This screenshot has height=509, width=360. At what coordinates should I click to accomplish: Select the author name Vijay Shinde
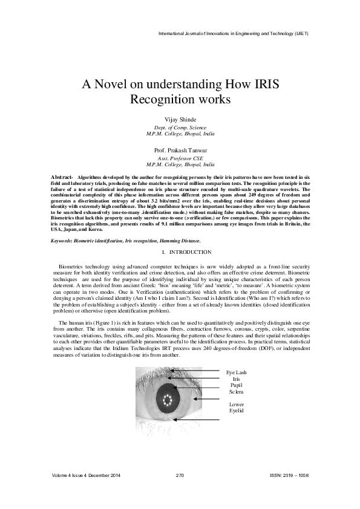pyautogui.click(x=180, y=120)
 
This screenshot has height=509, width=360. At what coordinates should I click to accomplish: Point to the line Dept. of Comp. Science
pyautogui.click(x=180, y=128)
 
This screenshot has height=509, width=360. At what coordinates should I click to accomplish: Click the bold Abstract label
pyautogui.click(x=62, y=175)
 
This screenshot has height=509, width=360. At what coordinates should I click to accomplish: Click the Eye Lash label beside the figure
pyautogui.click(x=236, y=372)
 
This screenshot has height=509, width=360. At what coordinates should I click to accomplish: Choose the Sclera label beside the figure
pyautogui.click(x=236, y=391)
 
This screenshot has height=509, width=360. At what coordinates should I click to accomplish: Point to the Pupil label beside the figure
pyautogui.click(x=236, y=385)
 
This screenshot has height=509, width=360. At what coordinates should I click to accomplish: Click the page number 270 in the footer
pyautogui.click(x=180, y=476)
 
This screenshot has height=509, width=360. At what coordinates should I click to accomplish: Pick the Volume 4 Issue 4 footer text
pyautogui.click(x=87, y=476)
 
